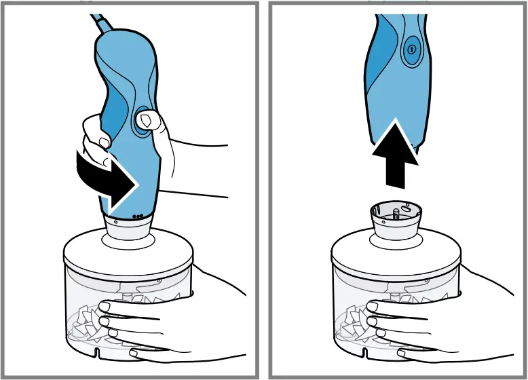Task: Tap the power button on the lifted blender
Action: pyautogui.click(x=410, y=50)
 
